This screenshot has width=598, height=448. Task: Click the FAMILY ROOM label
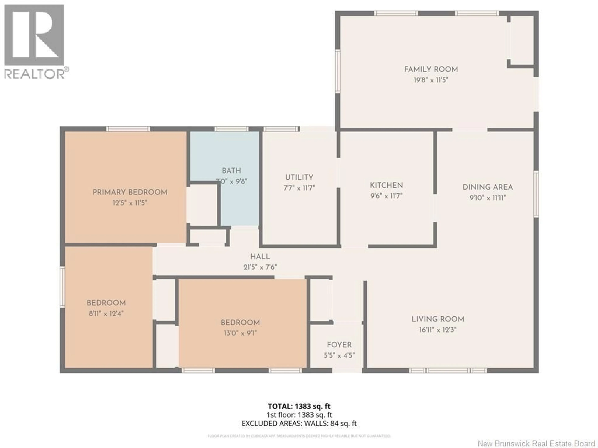(431, 69)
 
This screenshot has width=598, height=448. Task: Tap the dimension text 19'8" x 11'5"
(431, 80)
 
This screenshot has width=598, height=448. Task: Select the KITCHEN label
(386, 185)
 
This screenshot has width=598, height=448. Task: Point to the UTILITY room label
(299, 177)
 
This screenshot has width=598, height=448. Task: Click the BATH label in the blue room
(231, 171)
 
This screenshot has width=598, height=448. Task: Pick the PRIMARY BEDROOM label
(130, 192)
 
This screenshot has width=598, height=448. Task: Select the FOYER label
(339, 345)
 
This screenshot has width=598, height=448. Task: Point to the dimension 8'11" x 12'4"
(106, 313)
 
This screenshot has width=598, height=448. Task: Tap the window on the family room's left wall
(337, 71)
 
